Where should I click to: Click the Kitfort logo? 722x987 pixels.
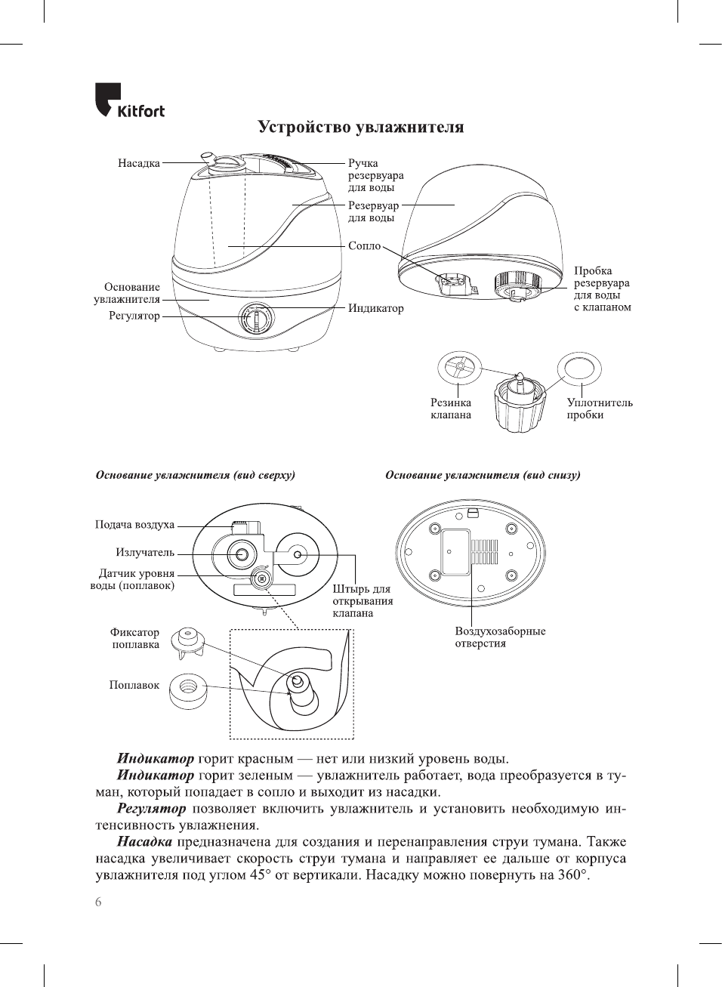[x=129, y=100]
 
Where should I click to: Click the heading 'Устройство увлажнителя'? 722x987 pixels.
[x=361, y=127]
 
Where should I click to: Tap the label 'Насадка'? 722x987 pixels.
[x=139, y=163]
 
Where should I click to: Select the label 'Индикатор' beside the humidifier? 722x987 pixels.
[x=375, y=308]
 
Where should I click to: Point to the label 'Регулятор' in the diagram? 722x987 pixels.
[x=134, y=316]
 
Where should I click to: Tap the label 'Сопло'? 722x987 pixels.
[x=365, y=246]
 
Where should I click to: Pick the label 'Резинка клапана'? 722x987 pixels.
[x=451, y=409]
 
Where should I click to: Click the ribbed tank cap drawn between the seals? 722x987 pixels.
[x=519, y=405]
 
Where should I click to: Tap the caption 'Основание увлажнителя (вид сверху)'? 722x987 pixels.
[x=195, y=475]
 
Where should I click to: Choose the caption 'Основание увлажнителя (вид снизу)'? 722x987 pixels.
[x=483, y=475]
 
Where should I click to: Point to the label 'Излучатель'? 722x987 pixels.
[x=145, y=553]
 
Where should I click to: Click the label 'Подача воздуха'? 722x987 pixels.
[x=134, y=525]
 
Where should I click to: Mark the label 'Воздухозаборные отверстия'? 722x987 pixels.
[x=500, y=637]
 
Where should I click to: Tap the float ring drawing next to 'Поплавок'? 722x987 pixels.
[x=188, y=690]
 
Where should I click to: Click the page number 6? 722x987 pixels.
[x=98, y=902]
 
